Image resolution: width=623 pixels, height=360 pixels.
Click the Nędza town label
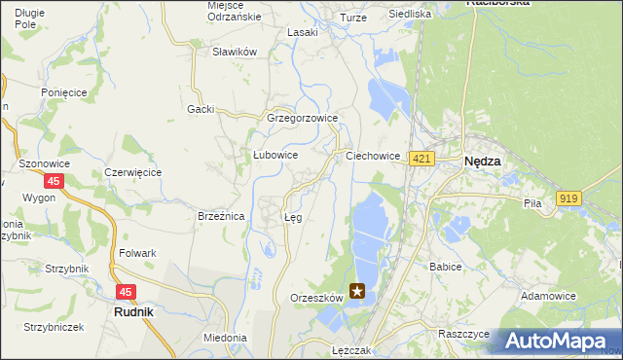click(x=483, y=162)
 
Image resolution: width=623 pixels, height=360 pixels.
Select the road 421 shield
click(x=421, y=159)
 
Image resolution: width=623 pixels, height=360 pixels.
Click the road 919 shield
click(x=568, y=198)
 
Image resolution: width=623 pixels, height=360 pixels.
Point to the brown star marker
click(x=358, y=290)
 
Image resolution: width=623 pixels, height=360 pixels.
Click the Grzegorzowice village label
click(x=302, y=119)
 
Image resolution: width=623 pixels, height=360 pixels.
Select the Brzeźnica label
click(x=220, y=217)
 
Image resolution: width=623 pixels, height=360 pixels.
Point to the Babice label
click(x=445, y=265)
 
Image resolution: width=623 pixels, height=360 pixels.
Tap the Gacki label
click(x=201, y=109)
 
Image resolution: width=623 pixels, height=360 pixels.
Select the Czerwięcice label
click(x=132, y=172)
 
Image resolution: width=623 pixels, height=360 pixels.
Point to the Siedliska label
click(x=410, y=15)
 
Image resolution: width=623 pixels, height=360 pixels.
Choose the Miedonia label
click(x=225, y=338)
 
